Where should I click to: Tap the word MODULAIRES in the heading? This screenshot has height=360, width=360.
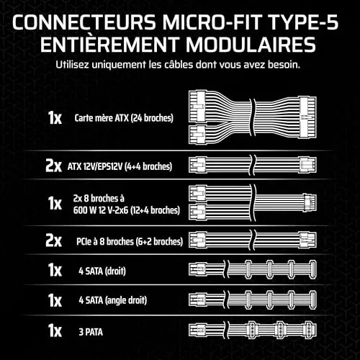pos(251,45)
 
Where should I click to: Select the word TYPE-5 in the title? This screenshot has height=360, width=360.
pos(304,22)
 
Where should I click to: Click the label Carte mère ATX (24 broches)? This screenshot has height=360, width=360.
pos(124,118)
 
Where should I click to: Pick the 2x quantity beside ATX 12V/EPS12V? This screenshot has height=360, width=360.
pos(53,166)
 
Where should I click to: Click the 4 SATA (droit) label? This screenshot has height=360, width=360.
pos(102,271)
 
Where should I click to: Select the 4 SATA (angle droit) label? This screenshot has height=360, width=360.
pos(113,300)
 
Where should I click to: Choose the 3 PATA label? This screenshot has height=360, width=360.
pos(91,332)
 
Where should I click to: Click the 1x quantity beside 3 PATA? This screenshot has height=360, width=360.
pos(55,330)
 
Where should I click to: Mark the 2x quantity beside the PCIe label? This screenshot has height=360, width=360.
pos(53,240)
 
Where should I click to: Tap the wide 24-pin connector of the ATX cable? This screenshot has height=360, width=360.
pos(307,117)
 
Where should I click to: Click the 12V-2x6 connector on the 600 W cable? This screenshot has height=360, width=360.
pos(310,203)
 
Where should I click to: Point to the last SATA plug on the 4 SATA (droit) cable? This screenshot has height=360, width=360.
pos(312,269)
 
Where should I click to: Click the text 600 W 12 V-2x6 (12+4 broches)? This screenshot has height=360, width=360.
pos(127,210)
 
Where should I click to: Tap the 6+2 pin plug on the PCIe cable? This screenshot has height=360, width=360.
pos(308,240)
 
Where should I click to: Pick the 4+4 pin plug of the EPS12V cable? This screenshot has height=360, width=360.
pos(308,165)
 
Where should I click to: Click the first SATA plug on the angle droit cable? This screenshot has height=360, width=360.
pos(248,300)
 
